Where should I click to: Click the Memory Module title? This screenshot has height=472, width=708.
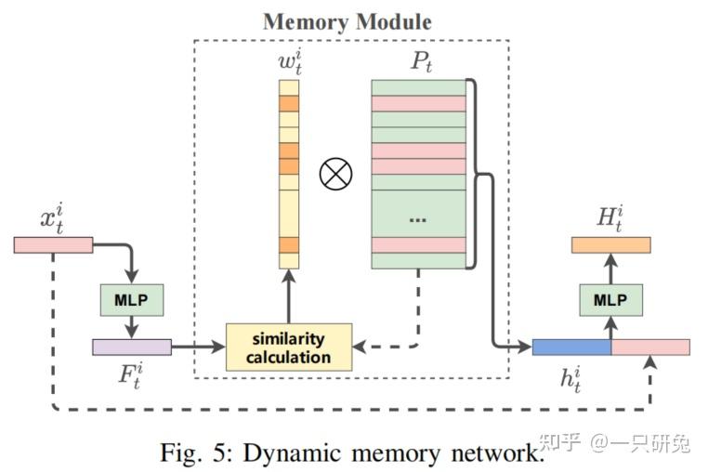tap(347, 20)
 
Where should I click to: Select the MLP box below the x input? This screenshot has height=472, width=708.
tap(130, 299)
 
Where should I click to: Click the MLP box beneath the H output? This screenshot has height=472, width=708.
tap(610, 299)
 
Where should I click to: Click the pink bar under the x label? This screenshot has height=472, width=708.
tap(53, 244)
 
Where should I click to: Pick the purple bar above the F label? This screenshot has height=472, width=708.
tap(131, 347)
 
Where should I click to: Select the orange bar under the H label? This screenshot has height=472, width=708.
tap(610, 244)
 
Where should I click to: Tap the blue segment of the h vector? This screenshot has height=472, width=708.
tap(570, 347)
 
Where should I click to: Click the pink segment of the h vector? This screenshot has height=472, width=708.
tap(650, 347)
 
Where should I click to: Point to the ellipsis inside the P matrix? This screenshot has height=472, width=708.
tap(417, 218)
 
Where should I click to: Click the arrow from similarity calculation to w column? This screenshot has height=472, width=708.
tap(290, 295)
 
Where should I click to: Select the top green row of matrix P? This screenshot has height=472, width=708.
tap(417, 87)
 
